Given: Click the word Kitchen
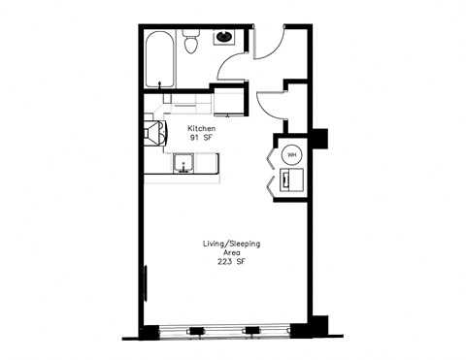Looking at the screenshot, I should pos(201,128).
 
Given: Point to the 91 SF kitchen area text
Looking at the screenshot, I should pos(201,139).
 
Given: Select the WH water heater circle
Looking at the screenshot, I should pos(291,153).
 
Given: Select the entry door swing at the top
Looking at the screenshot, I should pos(270,44).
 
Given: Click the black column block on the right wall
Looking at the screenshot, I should pos(319,139).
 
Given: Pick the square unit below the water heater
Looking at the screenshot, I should pos(291,180).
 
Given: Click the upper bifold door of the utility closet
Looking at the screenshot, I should pos(269,156).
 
